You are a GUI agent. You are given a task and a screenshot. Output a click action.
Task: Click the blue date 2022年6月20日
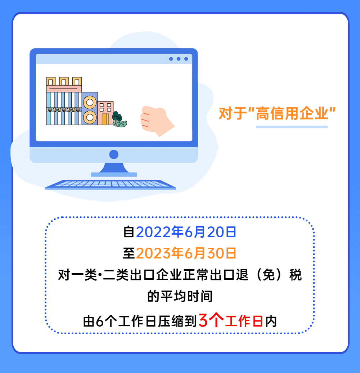186,232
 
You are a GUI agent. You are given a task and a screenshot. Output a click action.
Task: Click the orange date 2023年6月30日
186,253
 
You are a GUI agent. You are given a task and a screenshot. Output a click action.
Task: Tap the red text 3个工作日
230,321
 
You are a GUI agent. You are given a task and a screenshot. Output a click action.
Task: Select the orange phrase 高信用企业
292,113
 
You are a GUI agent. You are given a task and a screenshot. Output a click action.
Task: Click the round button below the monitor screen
114,154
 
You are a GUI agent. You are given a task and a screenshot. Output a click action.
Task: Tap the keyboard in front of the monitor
110,185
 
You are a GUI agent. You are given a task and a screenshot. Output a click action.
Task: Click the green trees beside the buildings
119,119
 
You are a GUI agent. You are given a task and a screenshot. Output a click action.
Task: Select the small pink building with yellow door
105,113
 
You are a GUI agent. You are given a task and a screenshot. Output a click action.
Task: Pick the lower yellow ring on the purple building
90,117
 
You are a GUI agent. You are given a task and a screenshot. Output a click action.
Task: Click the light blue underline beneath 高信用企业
292,127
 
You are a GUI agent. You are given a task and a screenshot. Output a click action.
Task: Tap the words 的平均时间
180,296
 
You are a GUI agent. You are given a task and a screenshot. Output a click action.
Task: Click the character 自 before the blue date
129,232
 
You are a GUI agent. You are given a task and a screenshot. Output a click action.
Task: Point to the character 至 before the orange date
129,253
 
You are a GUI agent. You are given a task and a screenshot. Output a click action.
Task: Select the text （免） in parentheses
269,275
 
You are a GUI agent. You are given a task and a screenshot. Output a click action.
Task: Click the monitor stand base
114,175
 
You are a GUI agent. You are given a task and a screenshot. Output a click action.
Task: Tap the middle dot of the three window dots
179,59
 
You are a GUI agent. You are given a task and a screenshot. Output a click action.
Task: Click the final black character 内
271,322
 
